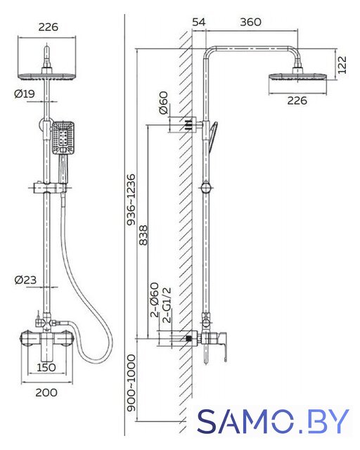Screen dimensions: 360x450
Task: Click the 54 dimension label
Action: tap(199, 22)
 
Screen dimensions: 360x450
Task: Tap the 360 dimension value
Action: tap(250, 22)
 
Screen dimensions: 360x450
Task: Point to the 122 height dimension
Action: tap(342, 65)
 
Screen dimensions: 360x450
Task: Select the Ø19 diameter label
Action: tap(25, 94)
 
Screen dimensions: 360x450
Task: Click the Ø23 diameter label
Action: tap(25, 280)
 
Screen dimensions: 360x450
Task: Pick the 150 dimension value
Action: tap(46, 367)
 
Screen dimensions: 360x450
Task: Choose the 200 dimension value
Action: tap(46, 392)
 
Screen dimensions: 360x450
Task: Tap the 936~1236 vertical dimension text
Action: tap(131, 199)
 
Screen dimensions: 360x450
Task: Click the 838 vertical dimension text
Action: tap(143, 236)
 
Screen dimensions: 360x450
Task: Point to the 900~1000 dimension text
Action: tap(131, 383)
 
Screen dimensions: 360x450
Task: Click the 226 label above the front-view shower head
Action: tap(49, 27)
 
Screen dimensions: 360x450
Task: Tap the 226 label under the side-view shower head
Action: tap(297, 101)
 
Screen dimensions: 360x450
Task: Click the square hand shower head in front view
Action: tap(63, 138)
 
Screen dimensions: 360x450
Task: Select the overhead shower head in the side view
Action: tap(297, 77)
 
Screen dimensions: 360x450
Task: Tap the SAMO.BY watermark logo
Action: tap(273, 421)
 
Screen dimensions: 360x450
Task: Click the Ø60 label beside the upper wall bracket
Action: tap(163, 103)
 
